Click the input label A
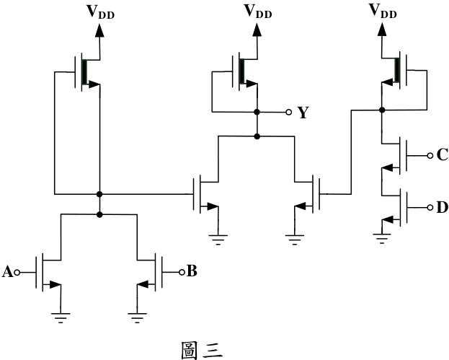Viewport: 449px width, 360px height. [x=7, y=272]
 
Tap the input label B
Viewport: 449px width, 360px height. [x=192, y=271]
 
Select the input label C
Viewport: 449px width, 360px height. [x=443, y=155]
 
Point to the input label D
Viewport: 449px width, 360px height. [x=443, y=207]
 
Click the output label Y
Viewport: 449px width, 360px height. [x=303, y=113]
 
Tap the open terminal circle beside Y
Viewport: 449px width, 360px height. [x=289, y=112]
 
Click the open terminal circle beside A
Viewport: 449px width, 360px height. [x=17, y=272]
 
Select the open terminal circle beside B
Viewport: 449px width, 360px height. [x=182, y=272]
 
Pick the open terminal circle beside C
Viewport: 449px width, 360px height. [x=430, y=155]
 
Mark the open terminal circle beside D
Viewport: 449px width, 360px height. [x=430, y=208]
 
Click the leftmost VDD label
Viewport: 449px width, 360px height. [x=100, y=12]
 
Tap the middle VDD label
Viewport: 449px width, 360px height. [x=258, y=12]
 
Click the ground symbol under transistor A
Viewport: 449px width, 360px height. [x=61, y=318]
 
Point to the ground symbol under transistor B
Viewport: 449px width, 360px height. [x=137, y=318]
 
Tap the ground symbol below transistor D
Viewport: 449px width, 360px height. [x=382, y=239]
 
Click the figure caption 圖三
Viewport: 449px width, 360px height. [x=202, y=350]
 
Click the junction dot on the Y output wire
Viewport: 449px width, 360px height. [x=257, y=112]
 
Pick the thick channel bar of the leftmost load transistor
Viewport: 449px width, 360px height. [x=84, y=72]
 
